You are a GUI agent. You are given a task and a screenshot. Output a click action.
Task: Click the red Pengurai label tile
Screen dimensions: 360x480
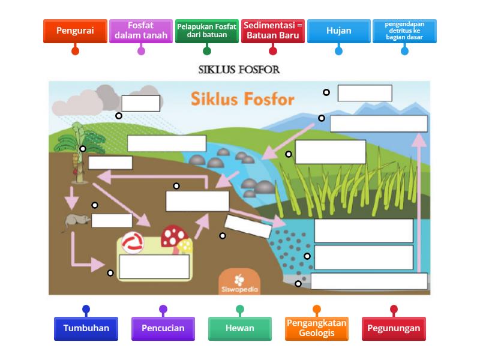click(75, 31)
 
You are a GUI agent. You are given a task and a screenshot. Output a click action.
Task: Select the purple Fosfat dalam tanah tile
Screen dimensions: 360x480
click(141, 31)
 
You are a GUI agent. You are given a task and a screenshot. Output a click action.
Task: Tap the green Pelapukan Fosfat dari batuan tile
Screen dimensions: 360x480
click(207, 31)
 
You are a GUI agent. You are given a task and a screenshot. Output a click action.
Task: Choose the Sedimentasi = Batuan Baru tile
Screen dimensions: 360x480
click(273, 31)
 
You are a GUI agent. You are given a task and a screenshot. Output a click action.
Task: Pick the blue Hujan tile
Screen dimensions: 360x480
click(338, 31)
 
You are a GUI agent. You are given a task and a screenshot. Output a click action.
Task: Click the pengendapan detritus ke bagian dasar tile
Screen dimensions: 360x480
click(404, 31)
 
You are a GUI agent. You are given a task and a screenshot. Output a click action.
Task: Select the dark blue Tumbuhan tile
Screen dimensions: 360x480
click(86, 328)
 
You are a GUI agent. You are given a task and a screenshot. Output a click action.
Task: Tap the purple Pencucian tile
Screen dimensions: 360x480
click(163, 328)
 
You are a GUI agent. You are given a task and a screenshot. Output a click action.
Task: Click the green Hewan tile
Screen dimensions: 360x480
click(239, 328)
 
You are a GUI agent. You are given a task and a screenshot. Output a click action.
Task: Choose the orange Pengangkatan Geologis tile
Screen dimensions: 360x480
click(316, 328)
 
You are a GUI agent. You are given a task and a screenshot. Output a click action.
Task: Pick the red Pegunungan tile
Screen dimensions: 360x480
click(394, 328)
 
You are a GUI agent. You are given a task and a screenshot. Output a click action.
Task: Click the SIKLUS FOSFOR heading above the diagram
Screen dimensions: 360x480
click(239, 70)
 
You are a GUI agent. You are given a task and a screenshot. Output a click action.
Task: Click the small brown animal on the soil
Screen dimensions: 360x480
click(76, 222)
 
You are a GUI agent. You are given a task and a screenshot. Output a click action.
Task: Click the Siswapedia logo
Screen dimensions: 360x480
click(239, 283)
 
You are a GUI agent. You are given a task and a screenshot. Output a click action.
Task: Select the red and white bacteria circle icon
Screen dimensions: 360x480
click(133, 243)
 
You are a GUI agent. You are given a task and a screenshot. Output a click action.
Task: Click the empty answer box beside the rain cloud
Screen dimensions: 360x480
click(140, 103)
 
